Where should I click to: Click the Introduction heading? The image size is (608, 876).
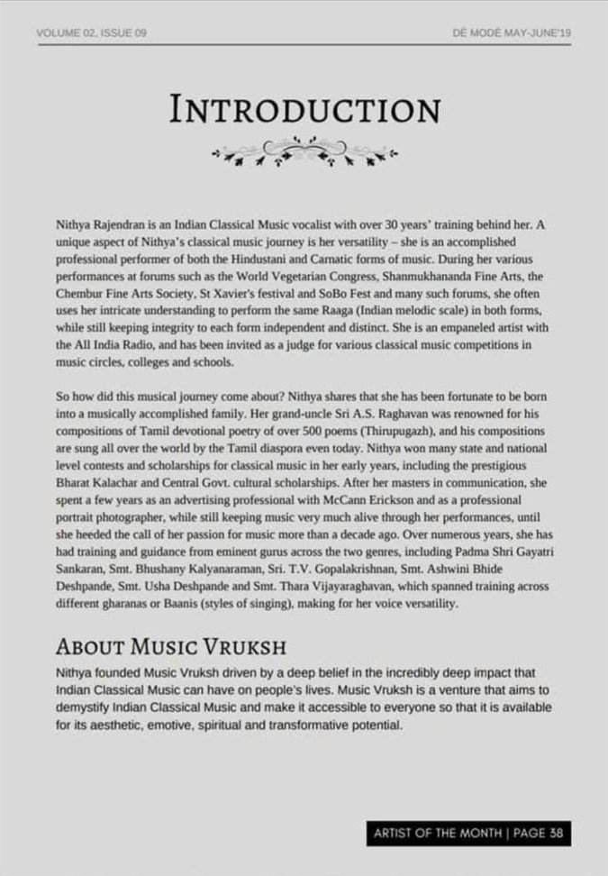pyautogui.click(x=304, y=110)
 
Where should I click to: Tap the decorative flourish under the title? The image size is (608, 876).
pyautogui.click(x=304, y=151)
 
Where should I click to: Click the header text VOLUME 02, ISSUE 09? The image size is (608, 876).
pyautogui.click(x=92, y=33)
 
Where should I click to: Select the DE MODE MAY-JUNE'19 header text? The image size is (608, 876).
pyautogui.click(x=512, y=33)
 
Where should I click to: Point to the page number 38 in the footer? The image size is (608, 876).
pyautogui.click(x=556, y=833)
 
